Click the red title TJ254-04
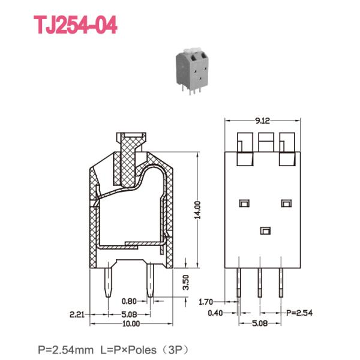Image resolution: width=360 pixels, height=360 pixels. pos(75,25)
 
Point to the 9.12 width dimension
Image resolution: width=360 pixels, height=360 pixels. pos(262,121)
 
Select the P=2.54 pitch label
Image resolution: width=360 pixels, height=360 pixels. pos(299,313)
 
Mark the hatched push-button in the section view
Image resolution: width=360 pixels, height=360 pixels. pos(128,159)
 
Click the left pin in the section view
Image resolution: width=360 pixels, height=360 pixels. pos(109,283)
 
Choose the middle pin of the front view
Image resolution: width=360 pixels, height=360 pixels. pos(260,281)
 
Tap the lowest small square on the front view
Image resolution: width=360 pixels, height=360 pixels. pos(265,230)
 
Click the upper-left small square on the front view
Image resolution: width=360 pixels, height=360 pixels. pos(243,203)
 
